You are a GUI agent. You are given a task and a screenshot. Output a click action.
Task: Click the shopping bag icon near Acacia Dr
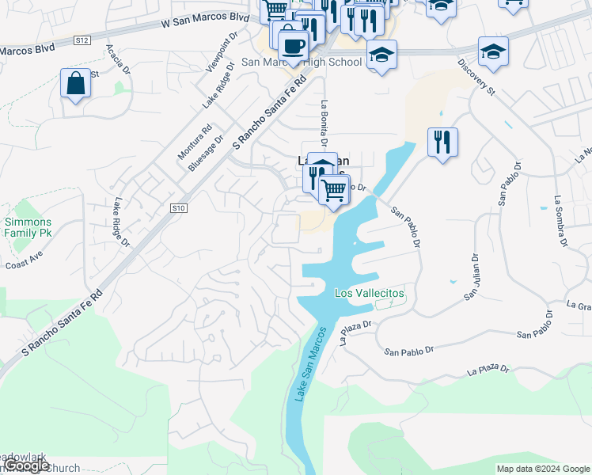coord(75,83)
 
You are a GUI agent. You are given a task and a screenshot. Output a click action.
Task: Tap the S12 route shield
coord(82,40)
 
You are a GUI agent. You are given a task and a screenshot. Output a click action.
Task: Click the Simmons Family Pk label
coord(28,227)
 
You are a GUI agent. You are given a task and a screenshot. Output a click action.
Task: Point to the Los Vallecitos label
coord(370,293)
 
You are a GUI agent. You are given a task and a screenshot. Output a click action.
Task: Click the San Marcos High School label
coord(302,62)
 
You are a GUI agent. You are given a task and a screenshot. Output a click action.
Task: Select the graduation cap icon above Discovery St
coord(493,51)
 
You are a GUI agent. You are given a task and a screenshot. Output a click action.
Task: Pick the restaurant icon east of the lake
coord(442,142)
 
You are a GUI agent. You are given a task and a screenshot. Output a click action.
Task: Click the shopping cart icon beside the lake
coord(334,190)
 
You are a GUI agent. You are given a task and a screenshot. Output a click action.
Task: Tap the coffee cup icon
coord(293,45)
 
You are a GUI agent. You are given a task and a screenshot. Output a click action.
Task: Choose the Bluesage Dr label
coord(202,153)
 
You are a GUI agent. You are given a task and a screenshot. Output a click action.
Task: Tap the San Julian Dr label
coord(472,276)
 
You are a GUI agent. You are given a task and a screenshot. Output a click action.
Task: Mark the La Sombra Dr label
coord(561,221)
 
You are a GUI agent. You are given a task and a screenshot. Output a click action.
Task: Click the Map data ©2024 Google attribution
coord(542,469)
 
